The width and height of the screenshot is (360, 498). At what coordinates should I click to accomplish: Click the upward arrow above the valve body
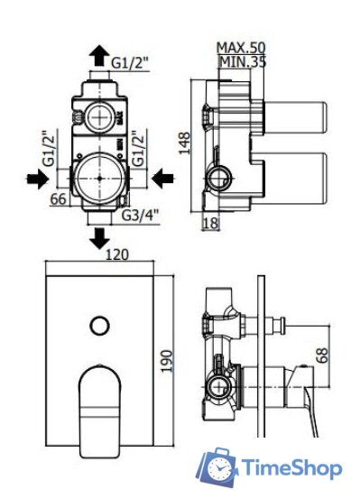click(x=98, y=58)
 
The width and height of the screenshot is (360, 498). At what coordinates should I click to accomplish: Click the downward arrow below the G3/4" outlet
click(x=98, y=240)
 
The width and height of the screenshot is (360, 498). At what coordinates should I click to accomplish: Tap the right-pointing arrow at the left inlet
click(x=35, y=180)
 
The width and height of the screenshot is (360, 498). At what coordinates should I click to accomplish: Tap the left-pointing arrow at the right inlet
click(x=162, y=180)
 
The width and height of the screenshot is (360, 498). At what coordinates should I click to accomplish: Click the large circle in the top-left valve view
click(x=98, y=171)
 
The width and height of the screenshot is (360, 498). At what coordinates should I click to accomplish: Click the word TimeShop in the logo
click(x=290, y=468)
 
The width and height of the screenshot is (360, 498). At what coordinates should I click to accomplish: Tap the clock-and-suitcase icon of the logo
click(x=218, y=466)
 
